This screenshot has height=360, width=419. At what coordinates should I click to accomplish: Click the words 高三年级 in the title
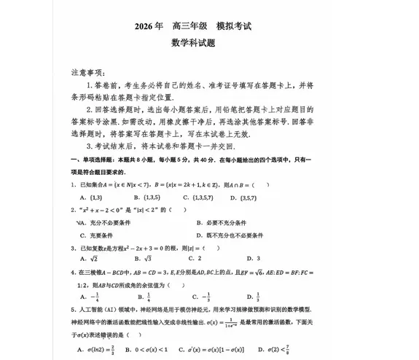tap(190, 27)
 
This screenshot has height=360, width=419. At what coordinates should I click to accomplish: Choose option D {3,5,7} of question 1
tap(266, 196)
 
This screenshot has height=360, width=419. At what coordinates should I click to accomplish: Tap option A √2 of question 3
tap(91, 259)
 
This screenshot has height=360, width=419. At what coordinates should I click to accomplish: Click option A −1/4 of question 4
tap(93, 297)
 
